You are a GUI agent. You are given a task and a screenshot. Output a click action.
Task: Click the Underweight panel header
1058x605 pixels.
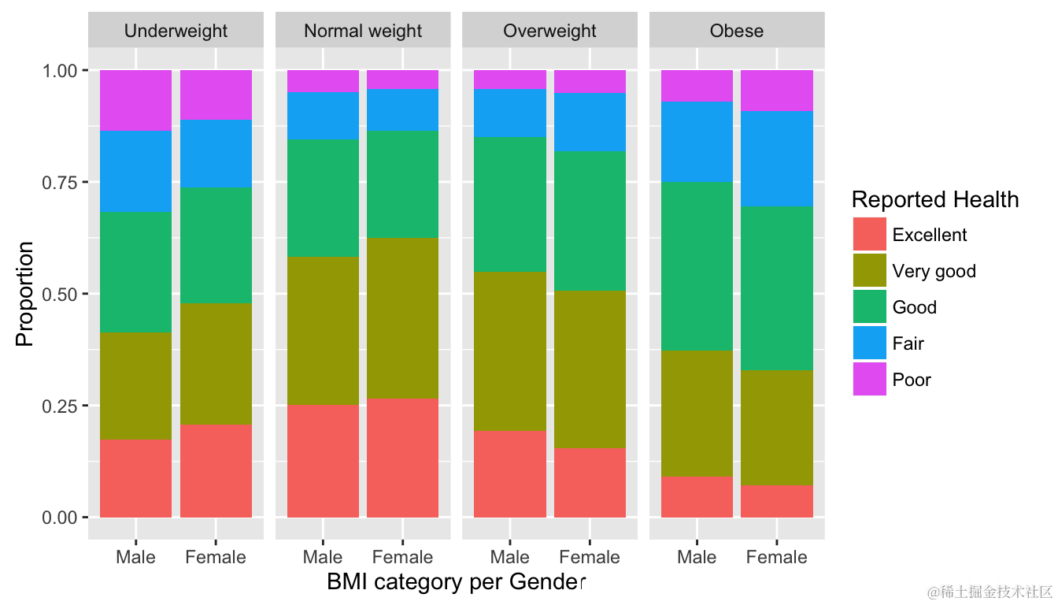click(176, 32)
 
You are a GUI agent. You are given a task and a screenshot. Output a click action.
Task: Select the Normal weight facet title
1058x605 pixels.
click(363, 32)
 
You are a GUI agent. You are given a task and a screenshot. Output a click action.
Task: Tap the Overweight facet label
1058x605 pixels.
click(549, 32)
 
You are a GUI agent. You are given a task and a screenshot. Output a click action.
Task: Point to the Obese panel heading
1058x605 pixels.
click(737, 32)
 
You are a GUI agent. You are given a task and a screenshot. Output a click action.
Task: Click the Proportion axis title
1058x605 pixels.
click(25, 294)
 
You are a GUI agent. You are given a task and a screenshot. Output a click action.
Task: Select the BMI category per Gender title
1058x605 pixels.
click(457, 583)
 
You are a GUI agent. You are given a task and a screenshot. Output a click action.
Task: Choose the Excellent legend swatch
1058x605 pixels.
click(870, 235)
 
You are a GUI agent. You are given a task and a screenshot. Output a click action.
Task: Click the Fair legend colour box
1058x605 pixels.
click(870, 343)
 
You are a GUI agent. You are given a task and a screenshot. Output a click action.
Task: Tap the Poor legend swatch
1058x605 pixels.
click(870, 380)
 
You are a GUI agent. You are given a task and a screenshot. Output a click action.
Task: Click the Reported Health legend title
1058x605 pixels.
click(935, 200)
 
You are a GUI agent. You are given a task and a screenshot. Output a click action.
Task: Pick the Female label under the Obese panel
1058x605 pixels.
click(776, 558)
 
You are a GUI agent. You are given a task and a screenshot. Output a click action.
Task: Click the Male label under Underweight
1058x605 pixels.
click(135, 558)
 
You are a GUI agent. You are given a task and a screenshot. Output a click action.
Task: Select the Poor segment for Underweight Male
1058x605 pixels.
click(136, 100)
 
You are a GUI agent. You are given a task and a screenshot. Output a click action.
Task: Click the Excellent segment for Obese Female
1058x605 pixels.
click(777, 501)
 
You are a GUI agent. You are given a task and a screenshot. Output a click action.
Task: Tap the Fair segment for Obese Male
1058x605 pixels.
click(697, 143)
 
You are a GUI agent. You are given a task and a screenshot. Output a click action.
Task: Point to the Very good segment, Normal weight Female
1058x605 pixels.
click(402, 317)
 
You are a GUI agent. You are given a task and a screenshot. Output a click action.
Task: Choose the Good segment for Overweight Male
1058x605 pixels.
click(510, 205)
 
